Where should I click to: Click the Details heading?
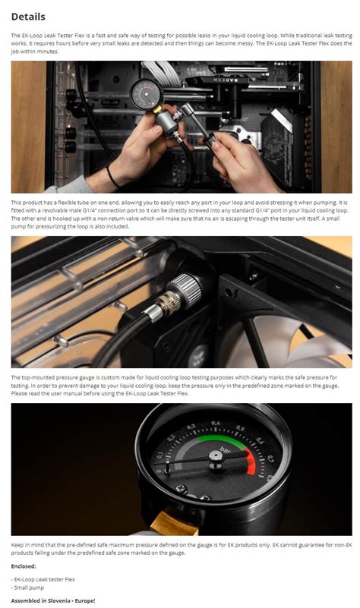click(28, 17)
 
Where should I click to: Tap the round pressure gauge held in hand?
click(146, 94)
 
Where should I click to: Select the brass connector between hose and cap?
click(168, 302)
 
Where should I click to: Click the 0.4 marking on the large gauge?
click(215, 424)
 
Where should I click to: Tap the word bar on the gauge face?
click(225, 450)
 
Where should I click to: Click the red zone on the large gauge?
click(251, 462)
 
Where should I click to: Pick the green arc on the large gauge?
click(221, 439)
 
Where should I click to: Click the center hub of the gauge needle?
click(215, 457)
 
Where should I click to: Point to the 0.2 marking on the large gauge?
click(171, 439)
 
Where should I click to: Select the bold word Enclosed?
click(24, 566)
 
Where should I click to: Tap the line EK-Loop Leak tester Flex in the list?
click(43, 579)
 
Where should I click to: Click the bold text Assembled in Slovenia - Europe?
click(53, 600)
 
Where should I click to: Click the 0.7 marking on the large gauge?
click(270, 458)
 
